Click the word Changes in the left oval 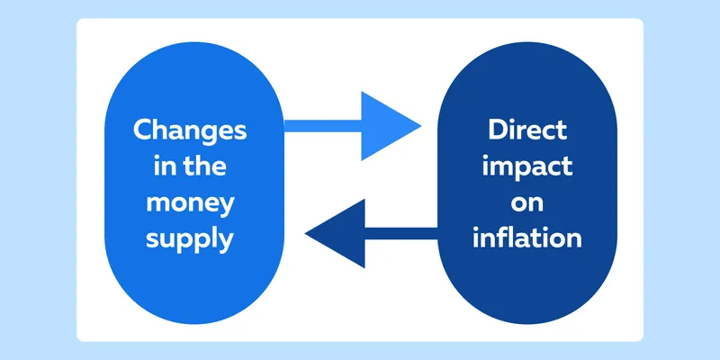pos(190,131)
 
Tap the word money pos(190,204)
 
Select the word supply pos(190,240)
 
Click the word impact pos(527,166)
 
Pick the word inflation pos(527,238)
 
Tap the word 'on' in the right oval pos(527,204)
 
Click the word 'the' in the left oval pos(200,166)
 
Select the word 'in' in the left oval pos(161,166)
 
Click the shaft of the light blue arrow pos(323,126)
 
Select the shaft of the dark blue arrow pos(401,233)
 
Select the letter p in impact pos(522,170)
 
